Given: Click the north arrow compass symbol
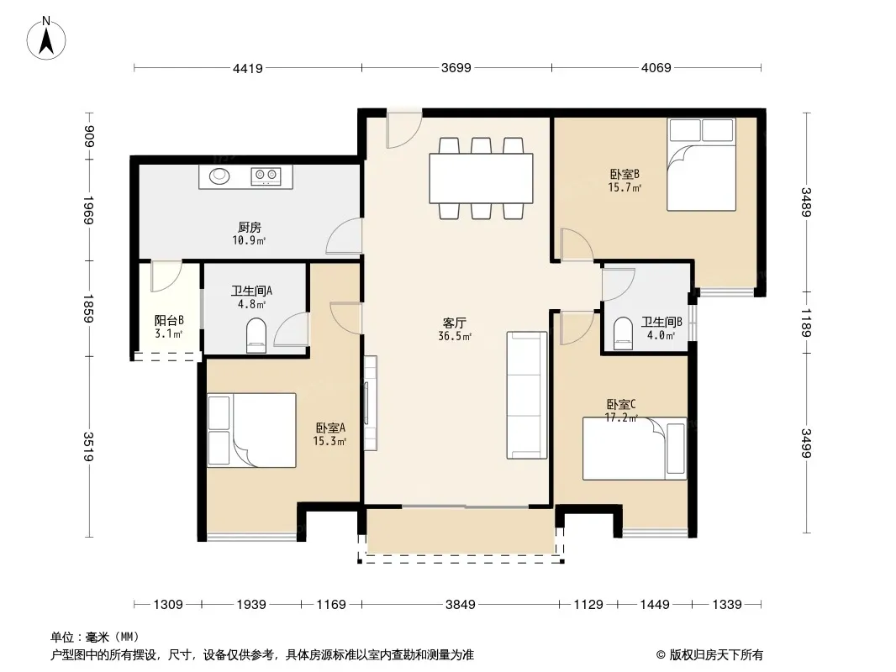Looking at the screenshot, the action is [46, 38].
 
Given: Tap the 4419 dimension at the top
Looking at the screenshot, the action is [248, 69].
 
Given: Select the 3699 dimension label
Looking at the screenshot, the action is [456, 68].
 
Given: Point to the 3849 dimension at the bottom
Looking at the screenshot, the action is [460, 604].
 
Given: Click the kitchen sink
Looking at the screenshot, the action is [219, 176].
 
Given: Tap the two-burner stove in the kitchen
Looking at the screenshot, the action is [266, 176].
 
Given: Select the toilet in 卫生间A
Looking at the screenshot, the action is [256, 335].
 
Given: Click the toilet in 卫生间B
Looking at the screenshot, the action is [622, 333].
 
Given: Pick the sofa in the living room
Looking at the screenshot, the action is [526, 395].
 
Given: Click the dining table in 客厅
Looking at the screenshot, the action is [481, 178].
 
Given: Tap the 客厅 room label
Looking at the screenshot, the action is [454, 323].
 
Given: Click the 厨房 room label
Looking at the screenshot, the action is [250, 228].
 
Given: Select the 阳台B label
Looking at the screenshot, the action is [169, 321].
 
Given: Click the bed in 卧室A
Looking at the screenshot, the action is [251, 430].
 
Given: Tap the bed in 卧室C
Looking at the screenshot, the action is [635, 449].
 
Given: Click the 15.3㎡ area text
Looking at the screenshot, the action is [329, 441].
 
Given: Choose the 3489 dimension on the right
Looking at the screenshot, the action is [806, 202].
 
